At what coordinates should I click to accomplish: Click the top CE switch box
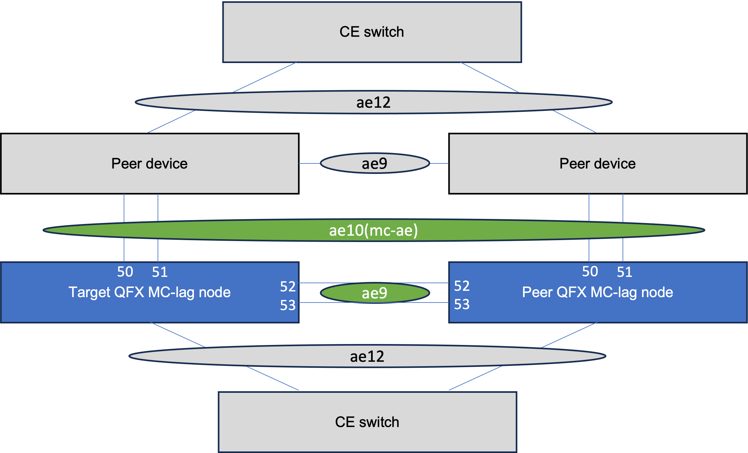pos(372,32)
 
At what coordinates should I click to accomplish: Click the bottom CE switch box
pos(367,422)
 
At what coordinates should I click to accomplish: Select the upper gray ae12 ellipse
pos(373,102)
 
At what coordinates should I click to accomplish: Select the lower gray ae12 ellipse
pos(367,356)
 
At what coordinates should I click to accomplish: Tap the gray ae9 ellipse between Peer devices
pos(375,163)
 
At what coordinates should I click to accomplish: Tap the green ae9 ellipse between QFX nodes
pos(375,293)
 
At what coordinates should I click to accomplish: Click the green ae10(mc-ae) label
pos(373,230)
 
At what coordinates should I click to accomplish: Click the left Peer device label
pos(149,163)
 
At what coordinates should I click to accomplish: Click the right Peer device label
pos(597,163)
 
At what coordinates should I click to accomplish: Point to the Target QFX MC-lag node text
pos(149,292)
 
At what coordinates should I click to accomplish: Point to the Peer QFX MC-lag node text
pos(597,292)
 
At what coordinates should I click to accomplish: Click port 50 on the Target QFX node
pos(125,272)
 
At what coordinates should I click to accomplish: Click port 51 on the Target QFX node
pos(160,272)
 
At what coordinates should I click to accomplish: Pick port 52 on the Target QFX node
pos(287,286)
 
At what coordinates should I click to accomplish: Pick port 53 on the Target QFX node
pos(287,305)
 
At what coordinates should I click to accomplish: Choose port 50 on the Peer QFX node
pos(590,271)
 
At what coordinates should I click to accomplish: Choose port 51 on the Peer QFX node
pos(624,272)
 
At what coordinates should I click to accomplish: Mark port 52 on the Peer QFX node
pos(461,286)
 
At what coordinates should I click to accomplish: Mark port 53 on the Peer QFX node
pos(461,304)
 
